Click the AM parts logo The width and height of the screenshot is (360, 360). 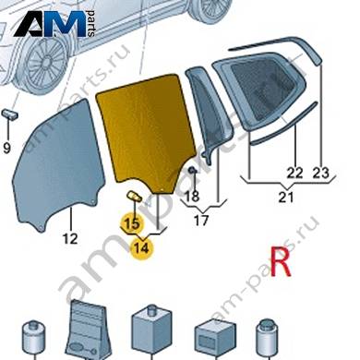click(54, 24)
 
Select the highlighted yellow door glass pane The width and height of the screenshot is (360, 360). click(145, 132)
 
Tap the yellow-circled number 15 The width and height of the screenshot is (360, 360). click(133, 223)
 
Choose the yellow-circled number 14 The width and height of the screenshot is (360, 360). click(142, 248)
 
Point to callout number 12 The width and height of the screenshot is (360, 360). click(70, 239)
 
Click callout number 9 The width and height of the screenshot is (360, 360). click(6, 149)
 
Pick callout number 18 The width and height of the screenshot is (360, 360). click(193, 197)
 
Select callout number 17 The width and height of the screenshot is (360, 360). click(201, 221)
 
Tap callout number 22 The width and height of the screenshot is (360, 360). click(294, 174)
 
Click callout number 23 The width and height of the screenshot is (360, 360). click(320, 174)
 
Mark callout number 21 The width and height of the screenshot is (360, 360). click(286, 197)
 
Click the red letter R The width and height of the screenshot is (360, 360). click(281, 262)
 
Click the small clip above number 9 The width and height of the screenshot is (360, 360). click(10, 114)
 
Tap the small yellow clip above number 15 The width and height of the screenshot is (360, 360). click(134, 196)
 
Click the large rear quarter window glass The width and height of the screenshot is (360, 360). click(260, 92)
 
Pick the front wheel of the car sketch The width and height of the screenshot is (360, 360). click(44, 65)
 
